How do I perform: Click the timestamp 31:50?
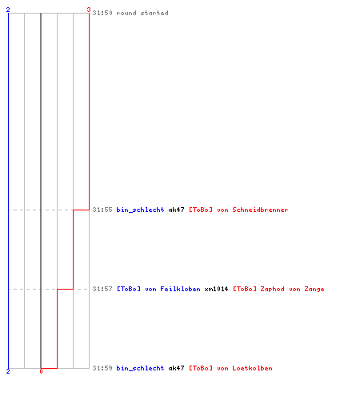(102, 13)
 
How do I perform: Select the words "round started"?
(142, 13)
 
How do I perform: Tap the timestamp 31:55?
(102, 210)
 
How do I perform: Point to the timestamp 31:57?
(102, 289)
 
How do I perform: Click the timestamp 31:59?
(102, 368)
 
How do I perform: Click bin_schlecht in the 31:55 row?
(140, 210)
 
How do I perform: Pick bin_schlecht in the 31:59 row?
(140, 368)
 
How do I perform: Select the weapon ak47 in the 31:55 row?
(176, 210)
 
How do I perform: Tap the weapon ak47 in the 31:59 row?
(176, 368)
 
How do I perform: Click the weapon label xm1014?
(216, 289)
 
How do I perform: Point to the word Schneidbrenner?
(260, 210)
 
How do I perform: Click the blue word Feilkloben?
(180, 289)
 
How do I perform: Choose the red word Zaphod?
(272, 289)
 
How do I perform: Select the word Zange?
(314, 290)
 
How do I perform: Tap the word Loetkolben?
(252, 368)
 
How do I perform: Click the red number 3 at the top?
(89, 10)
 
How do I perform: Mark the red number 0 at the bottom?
(41, 371)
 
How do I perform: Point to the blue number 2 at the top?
(8, 10)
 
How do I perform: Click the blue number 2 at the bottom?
(8, 371)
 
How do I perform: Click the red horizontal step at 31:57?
(65, 289)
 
